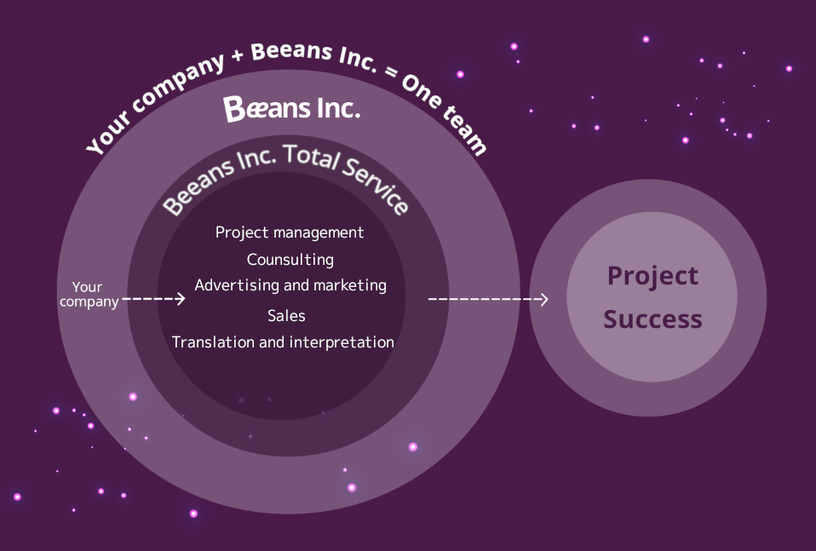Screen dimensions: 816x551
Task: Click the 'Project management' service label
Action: pos(290,232)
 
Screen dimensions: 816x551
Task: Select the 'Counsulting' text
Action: pos(290,259)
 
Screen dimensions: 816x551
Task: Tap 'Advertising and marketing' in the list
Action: pos(290,285)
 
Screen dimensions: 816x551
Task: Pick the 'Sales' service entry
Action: pos(286,315)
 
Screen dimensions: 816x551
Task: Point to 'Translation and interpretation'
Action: pos(283,342)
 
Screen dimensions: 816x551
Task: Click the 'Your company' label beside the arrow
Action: pos(89,295)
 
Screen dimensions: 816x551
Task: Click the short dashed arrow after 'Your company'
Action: pos(153,299)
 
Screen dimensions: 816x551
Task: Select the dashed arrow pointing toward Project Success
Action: pos(487,299)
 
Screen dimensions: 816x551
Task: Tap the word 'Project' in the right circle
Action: pos(652,276)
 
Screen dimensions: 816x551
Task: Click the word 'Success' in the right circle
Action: pos(652,319)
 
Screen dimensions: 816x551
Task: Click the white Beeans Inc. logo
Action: pos(291,108)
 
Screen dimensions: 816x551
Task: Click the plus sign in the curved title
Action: pos(238,55)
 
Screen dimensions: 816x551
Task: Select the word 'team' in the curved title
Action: pos(465,130)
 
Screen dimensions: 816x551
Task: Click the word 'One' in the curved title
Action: pos(422,90)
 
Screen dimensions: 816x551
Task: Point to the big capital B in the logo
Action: pos(234,109)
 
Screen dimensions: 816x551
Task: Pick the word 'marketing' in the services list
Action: pos(350,285)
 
